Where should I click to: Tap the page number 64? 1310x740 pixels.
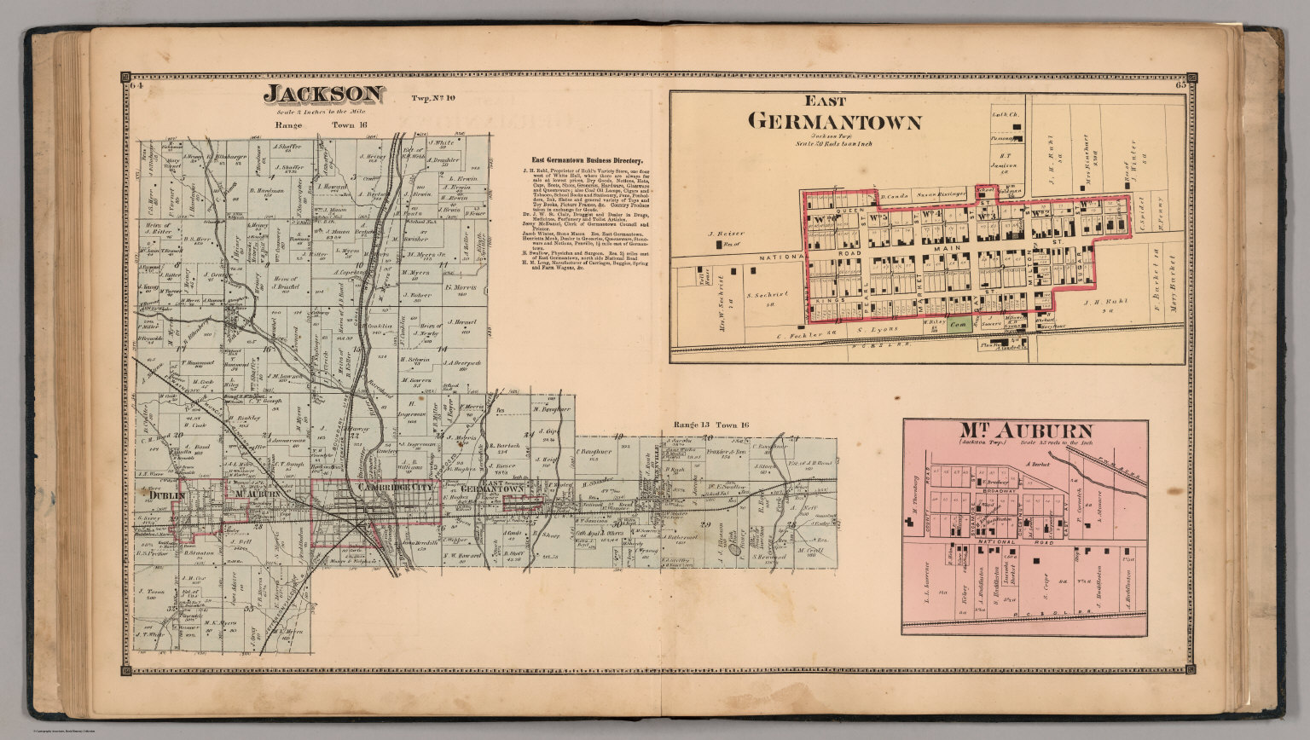136,85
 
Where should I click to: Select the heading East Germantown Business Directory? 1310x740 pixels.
588,159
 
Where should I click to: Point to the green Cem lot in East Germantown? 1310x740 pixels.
959,325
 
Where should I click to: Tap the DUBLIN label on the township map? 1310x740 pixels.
161,494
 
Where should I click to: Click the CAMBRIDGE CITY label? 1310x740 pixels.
396,485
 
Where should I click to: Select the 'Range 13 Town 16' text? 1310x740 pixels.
710,425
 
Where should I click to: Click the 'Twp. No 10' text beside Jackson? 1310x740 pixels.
434,98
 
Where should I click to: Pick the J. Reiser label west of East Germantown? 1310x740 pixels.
722,232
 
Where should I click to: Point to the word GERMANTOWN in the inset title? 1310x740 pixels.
834,122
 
